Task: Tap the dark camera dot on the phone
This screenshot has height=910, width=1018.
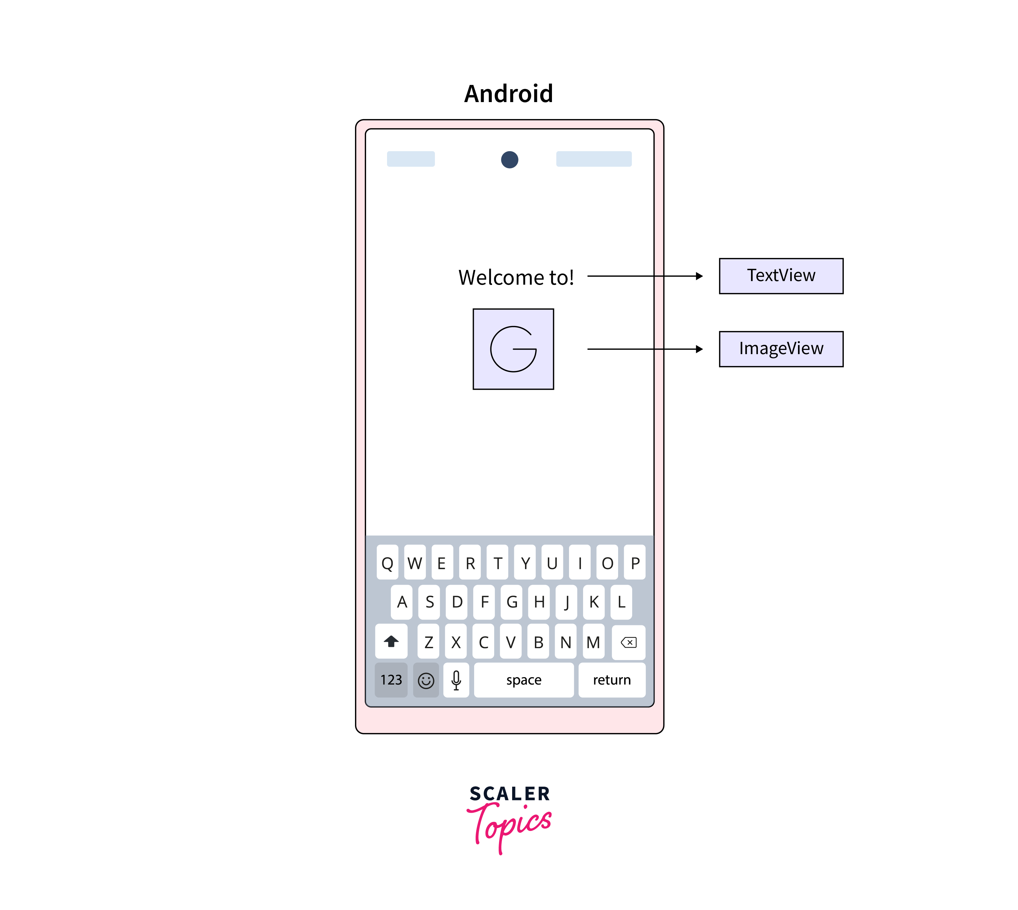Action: click(509, 160)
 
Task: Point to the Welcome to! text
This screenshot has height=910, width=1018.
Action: click(516, 277)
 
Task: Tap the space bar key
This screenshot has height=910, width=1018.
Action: click(524, 680)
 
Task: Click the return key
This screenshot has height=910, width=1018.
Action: click(612, 680)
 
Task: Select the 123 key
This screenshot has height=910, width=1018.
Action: click(391, 680)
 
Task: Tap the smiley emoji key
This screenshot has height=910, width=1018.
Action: click(426, 680)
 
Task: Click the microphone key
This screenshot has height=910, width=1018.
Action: click(456, 680)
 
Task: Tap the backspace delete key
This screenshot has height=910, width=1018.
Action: click(629, 642)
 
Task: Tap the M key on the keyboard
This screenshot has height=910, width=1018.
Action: click(593, 642)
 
